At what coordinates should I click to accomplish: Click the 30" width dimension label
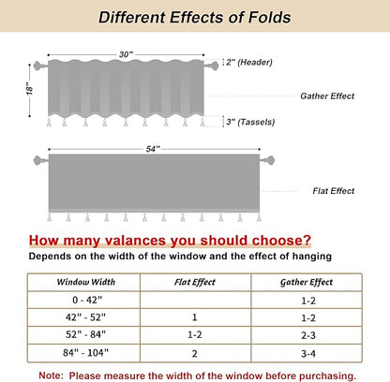point(126,54)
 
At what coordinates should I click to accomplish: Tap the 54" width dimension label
point(153,149)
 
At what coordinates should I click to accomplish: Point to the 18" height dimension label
point(29,89)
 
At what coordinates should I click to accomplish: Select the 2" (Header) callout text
point(249,62)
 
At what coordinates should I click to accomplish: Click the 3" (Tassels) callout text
point(250,122)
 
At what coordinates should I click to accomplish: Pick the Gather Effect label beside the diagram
point(327,95)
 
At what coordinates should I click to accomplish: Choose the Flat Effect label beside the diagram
point(334,191)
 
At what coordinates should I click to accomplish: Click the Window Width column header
point(86,282)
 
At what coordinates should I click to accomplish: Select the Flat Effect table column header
point(195,282)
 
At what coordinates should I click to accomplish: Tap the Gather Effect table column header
point(307,282)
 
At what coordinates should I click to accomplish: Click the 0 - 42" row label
point(87,300)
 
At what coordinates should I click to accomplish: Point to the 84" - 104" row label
point(85,353)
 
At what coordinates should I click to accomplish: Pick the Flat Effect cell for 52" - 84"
point(195,334)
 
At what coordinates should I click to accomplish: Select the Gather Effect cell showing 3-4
point(308,354)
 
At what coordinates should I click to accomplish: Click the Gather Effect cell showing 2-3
point(308,335)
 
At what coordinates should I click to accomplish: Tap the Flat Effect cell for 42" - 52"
point(194,317)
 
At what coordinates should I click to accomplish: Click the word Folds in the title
point(269,17)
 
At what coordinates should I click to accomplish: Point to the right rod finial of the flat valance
point(268,160)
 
